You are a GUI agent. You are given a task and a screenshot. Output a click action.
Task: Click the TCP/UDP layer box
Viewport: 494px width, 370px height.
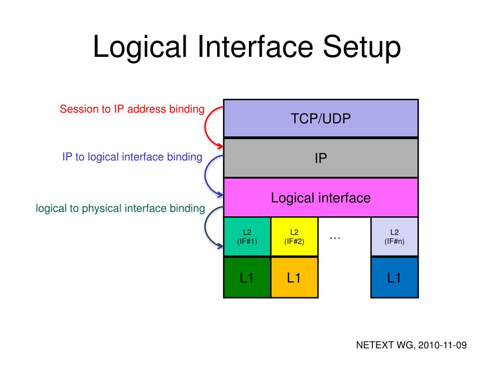pos(320,119)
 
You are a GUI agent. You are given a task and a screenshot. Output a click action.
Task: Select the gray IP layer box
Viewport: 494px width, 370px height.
pos(320,158)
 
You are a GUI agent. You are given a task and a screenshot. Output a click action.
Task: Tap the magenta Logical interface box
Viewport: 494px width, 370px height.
pos(320,198)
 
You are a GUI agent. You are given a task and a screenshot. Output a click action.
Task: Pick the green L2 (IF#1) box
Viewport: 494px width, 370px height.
pos(247,237)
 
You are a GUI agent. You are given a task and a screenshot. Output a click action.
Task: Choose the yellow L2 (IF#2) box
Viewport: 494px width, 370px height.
pos(294,237)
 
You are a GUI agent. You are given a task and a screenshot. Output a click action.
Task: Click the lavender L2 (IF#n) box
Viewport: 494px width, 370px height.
pos(394,237)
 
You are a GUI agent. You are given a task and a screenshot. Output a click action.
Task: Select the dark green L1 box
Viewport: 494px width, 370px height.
pos(247,277)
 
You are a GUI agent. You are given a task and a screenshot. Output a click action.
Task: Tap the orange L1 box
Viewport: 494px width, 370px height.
pos(294,277)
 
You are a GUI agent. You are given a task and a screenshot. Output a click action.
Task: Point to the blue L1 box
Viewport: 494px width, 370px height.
pos(394,277)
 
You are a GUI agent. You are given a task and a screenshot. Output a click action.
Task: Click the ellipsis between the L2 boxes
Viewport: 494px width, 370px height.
pos(335,236)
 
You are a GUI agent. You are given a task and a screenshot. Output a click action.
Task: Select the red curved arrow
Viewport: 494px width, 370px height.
pos(206,126)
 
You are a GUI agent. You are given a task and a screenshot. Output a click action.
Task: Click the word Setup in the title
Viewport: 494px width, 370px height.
pos(362,48)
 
